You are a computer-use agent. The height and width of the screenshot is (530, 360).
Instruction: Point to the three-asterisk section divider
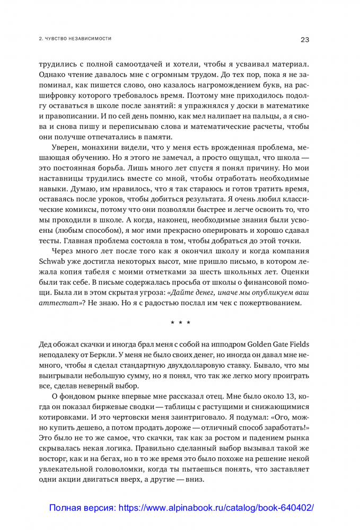click(x=180, y=322)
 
